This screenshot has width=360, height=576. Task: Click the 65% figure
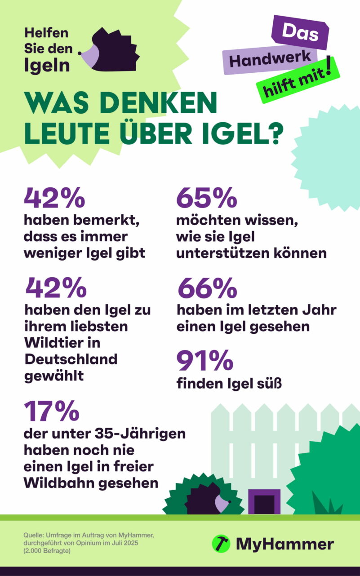tap(206, 198)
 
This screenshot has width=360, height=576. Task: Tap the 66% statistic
tap(207, 288)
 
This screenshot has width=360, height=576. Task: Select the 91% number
tap(204, 361)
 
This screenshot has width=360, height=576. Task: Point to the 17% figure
tap(51, 411)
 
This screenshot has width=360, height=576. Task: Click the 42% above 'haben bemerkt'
tap(54, 198)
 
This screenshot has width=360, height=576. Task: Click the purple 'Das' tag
tap(300, 33)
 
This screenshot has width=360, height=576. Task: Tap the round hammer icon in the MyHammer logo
tap(221, 544)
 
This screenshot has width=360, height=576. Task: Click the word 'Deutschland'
tap(71, 359)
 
